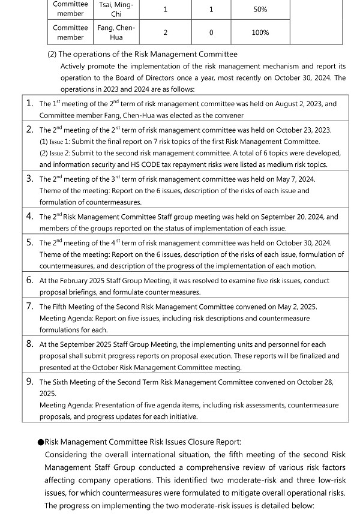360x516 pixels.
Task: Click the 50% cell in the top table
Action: click(x=260, y=10)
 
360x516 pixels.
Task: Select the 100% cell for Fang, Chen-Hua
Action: click(x=260, y=32)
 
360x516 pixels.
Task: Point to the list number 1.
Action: click(x=29, y=103)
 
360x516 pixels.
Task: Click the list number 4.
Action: click(x=29, y=216)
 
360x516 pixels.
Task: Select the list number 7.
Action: click(x=29, y=306)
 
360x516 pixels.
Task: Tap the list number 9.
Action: click(x=29, y=381)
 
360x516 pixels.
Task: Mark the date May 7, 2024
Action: click(x=295, y=179)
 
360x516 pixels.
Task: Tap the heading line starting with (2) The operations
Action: click(x=142, y=55)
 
